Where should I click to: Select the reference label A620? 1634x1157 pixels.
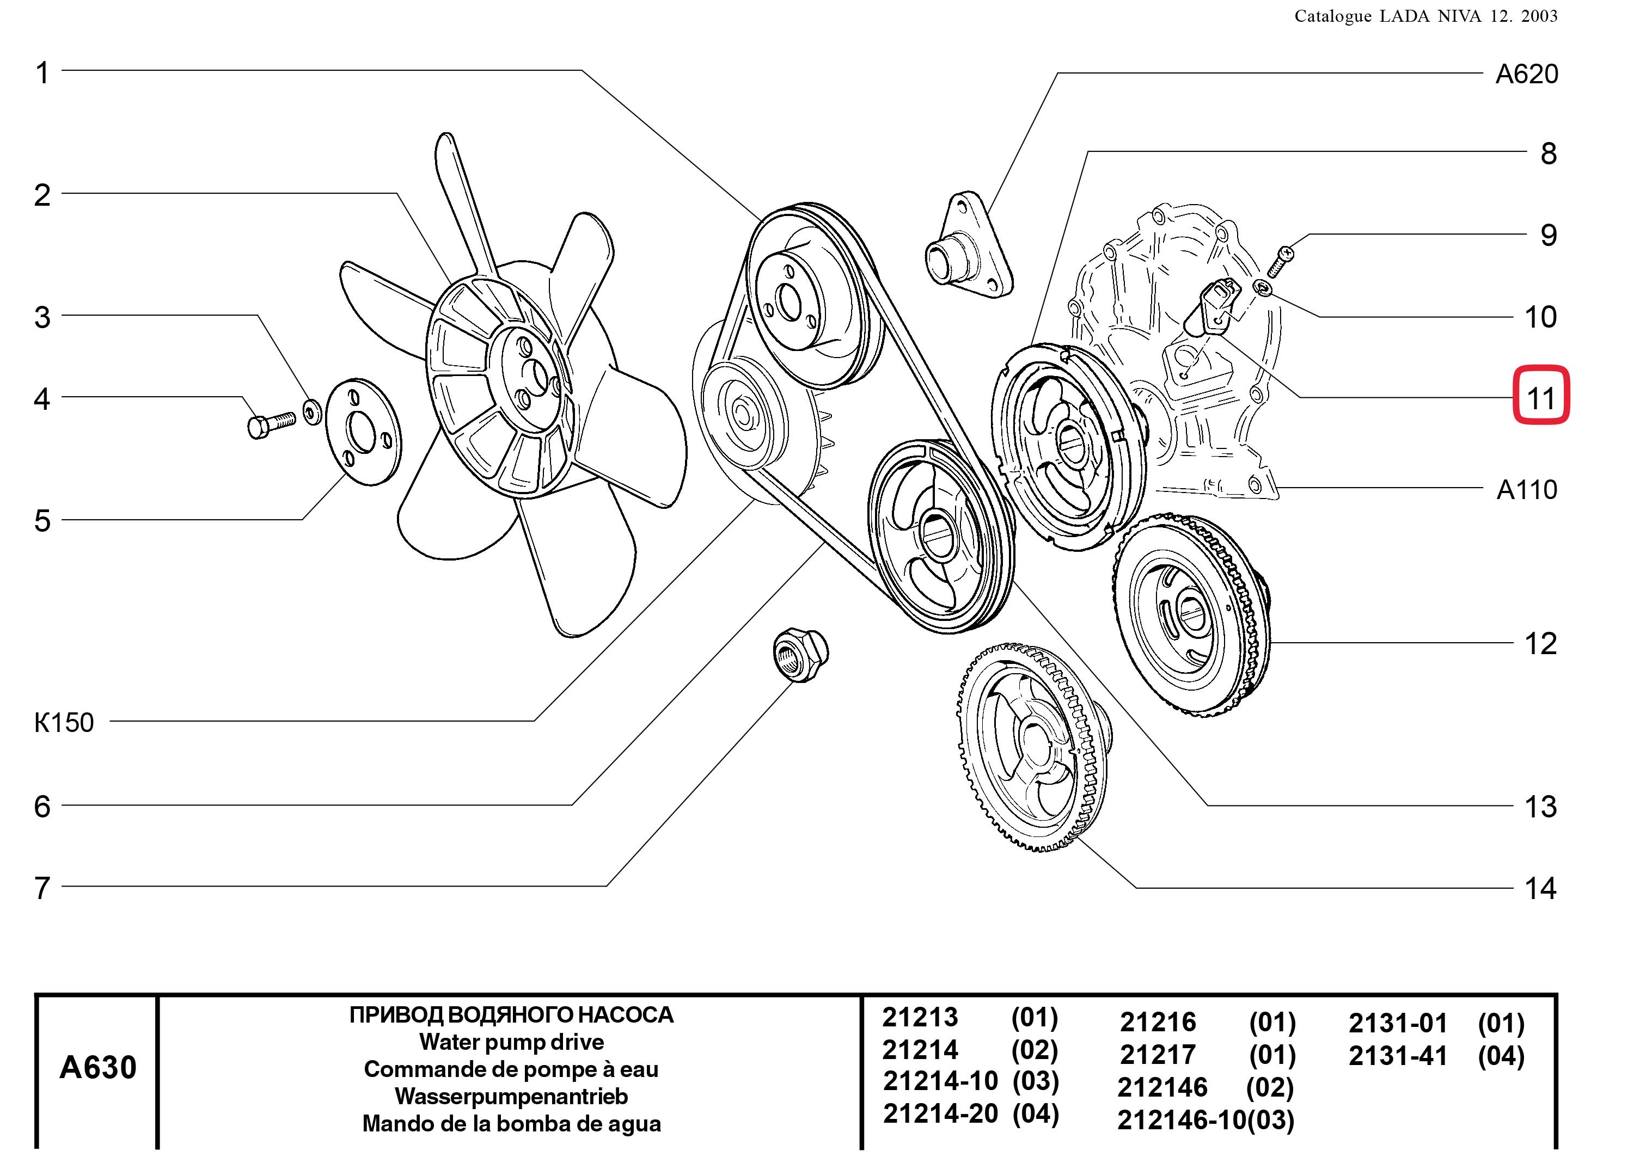1526,74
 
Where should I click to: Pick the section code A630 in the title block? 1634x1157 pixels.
97,1067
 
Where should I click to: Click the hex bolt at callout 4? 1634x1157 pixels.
270,423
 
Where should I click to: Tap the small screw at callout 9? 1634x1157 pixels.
1281,261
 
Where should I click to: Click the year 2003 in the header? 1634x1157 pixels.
1539,16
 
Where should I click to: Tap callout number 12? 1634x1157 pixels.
1540,644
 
